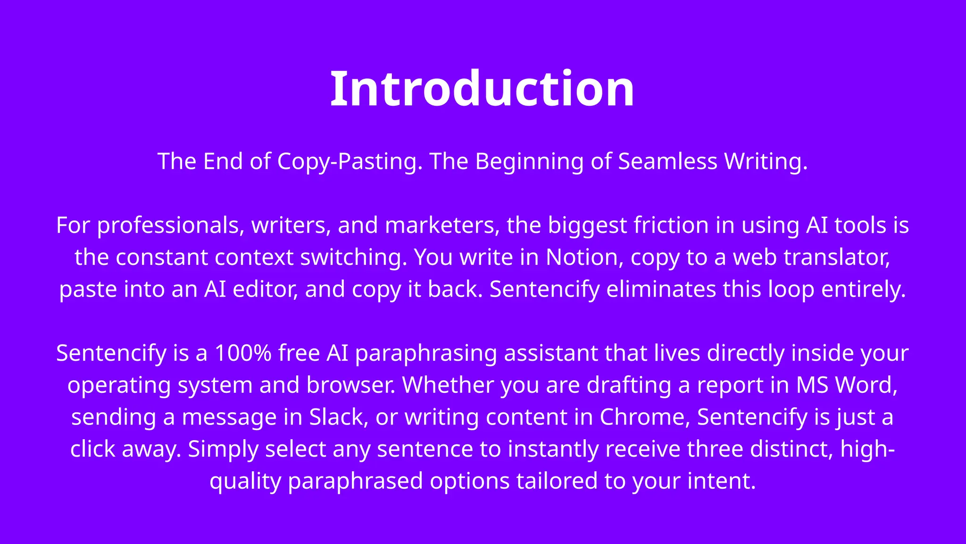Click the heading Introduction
click(x=482, y=89)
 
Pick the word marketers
click(x=442, y=226)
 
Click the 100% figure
click(x=243, y=353)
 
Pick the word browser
click(x=351, y=385)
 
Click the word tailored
click(x=557, y=481)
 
